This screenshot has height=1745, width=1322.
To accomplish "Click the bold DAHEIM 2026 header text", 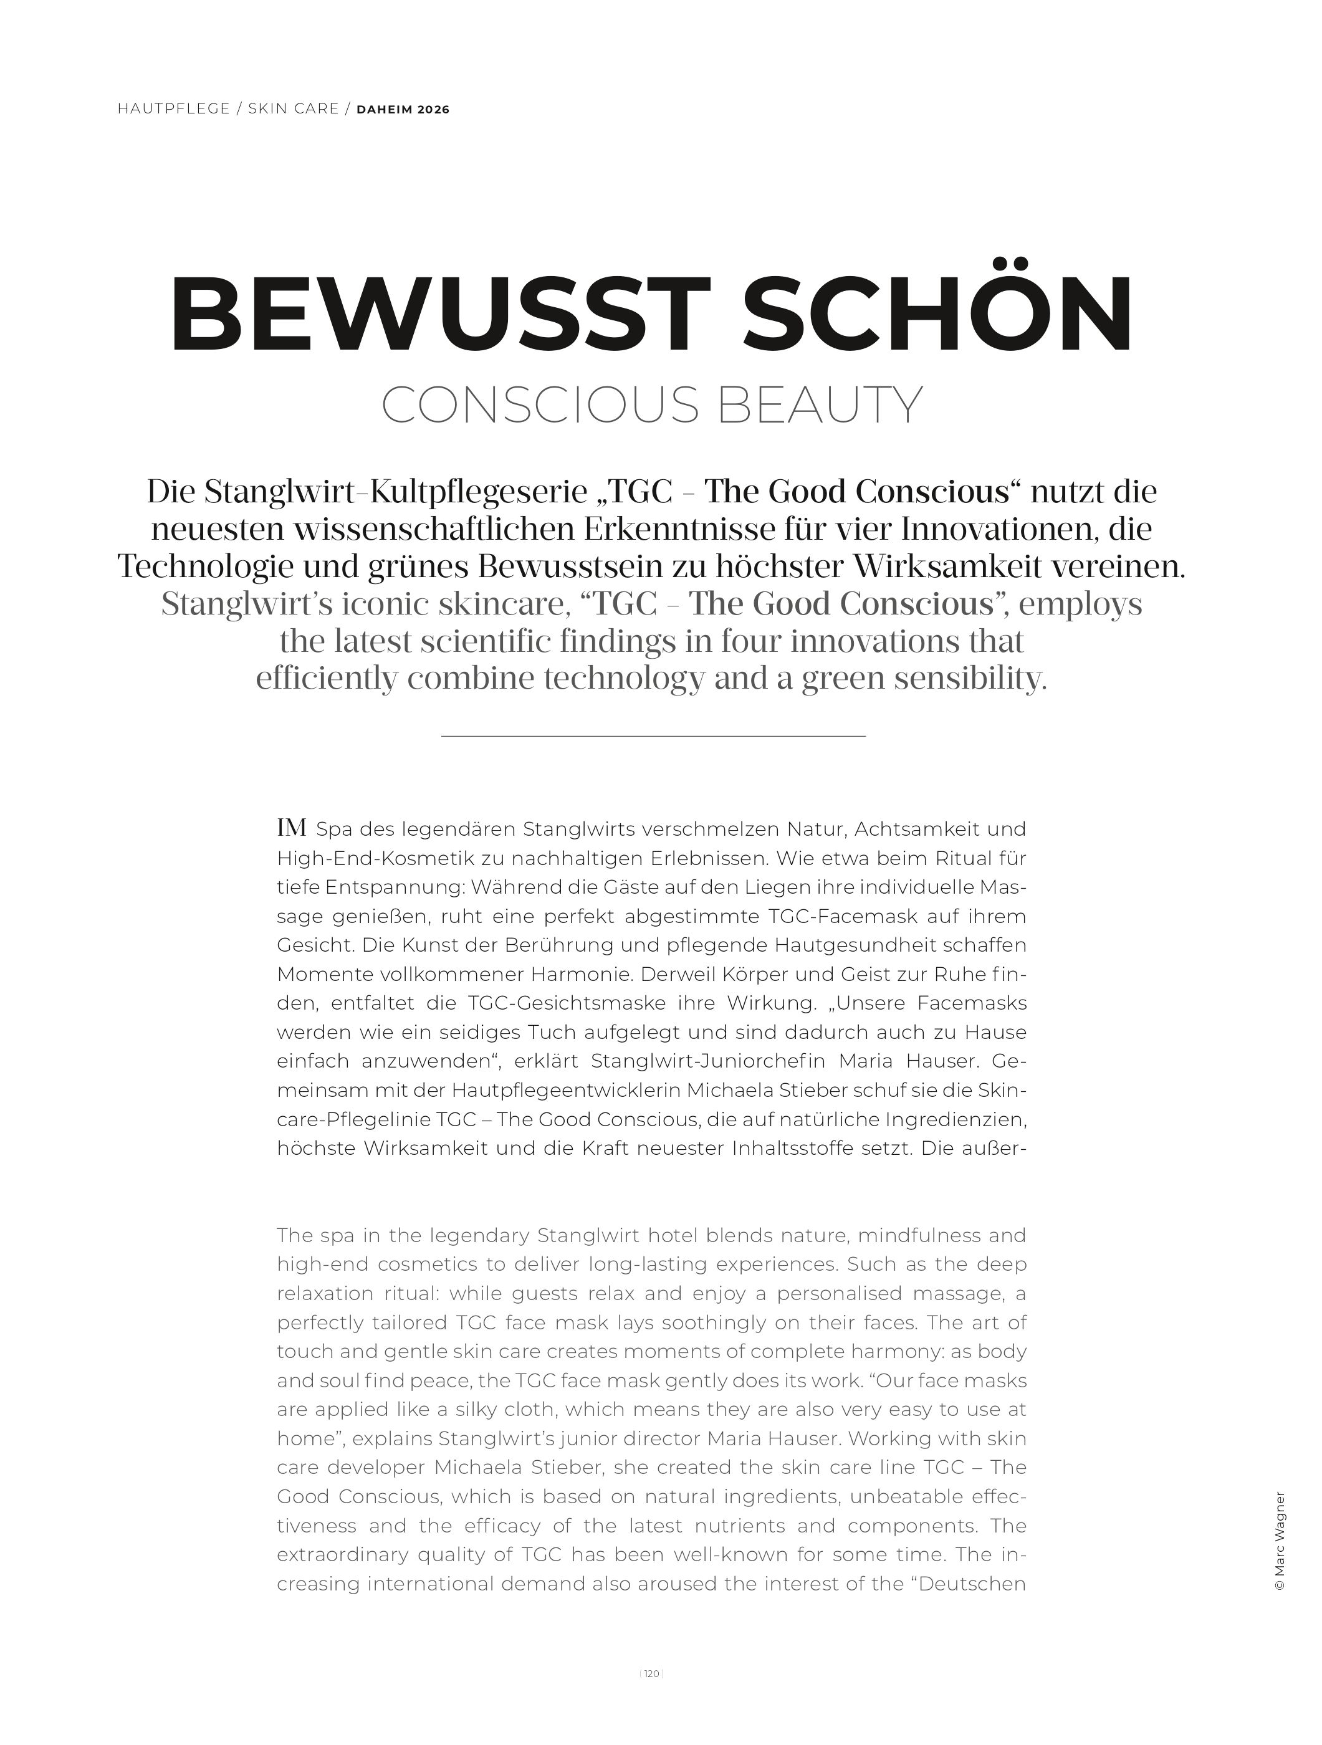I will click(x=403, y=110).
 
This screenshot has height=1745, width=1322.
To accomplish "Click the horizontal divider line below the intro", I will click(x=653, y=736).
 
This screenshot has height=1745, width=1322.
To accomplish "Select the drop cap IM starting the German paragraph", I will click(x=291, y=828).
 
